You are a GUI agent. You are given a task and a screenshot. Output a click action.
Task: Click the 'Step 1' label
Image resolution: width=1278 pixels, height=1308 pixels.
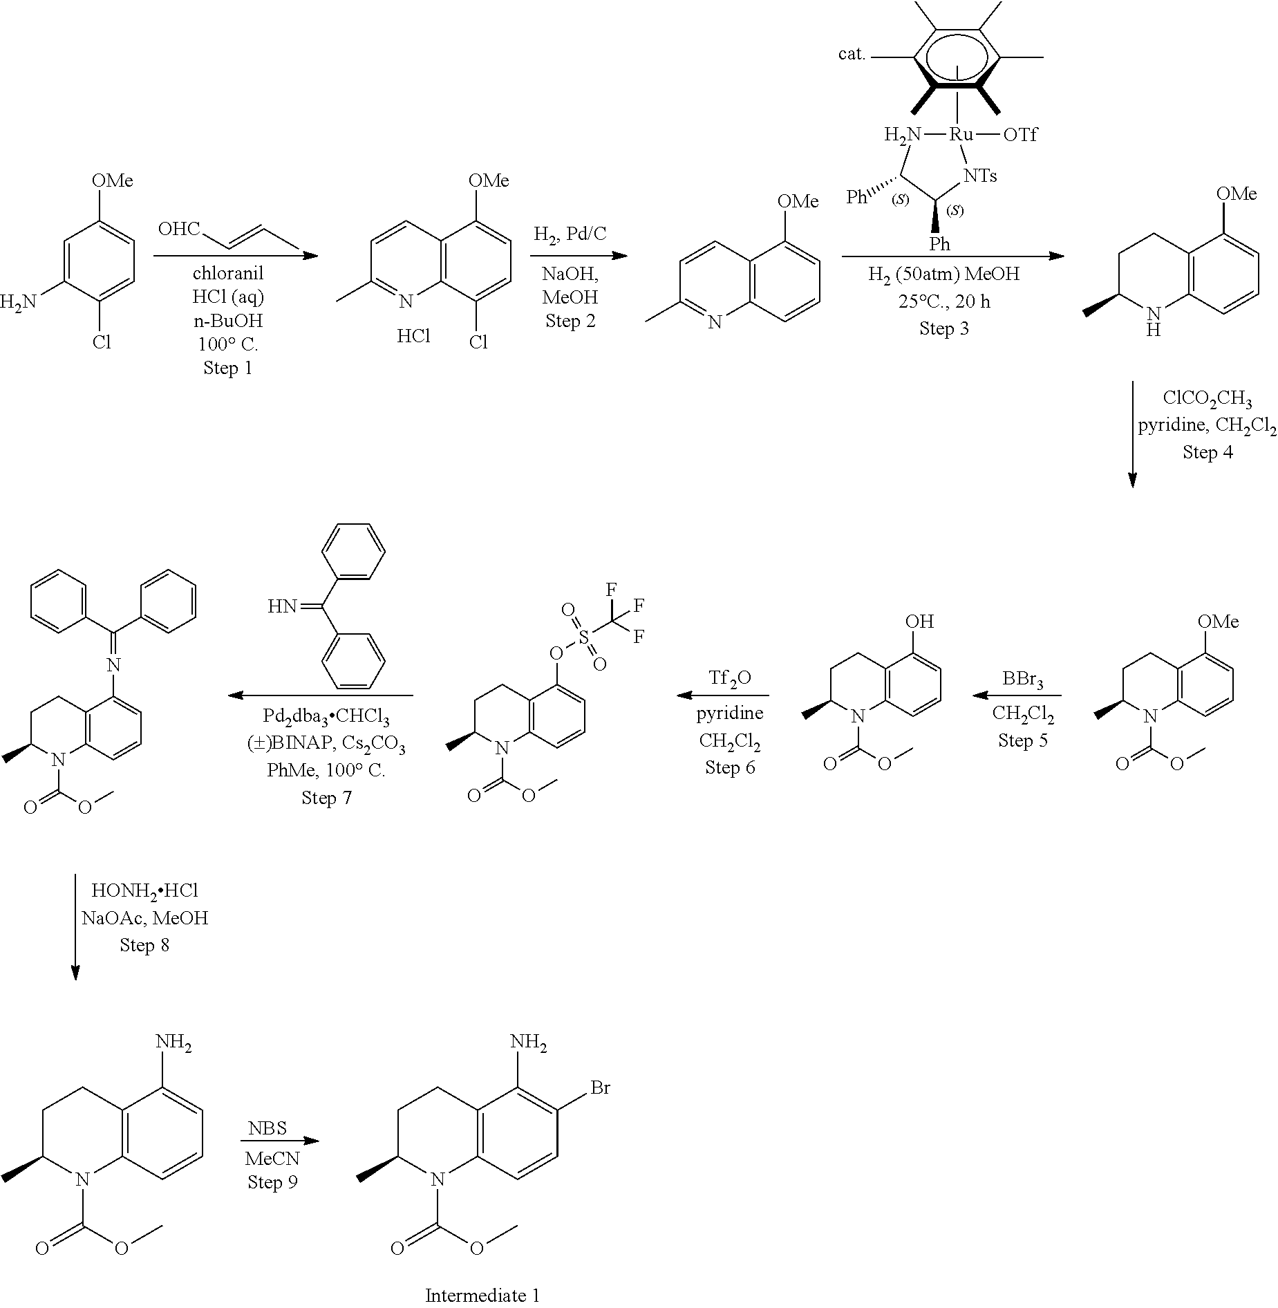(227, 368)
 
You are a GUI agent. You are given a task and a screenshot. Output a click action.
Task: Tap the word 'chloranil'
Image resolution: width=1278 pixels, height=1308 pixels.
(228, 273)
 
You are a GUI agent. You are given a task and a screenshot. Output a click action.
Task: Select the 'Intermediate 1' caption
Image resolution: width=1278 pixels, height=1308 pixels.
(482, 1295)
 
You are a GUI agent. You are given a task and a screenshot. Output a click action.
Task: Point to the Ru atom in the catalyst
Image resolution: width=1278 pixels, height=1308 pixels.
(961, 134)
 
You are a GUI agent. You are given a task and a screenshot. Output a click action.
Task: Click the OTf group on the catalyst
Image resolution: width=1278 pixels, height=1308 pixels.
(1020, 134)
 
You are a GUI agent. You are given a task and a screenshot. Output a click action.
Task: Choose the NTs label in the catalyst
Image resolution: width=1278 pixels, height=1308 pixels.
(980, 176)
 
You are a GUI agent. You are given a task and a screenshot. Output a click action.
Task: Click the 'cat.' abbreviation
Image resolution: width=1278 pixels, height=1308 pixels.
(852, 55)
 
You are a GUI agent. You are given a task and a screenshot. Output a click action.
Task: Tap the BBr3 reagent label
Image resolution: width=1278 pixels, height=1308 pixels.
(1022, 681)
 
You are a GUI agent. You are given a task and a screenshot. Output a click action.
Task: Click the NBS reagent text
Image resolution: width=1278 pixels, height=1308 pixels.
(267, 1128)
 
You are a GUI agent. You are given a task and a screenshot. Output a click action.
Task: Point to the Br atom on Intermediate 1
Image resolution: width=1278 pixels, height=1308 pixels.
(600, 1087)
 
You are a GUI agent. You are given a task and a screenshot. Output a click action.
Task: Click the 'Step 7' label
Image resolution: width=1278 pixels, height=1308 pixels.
(326, 797)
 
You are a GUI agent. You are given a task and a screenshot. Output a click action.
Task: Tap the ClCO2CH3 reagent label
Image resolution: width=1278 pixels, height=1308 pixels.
(1207, 399)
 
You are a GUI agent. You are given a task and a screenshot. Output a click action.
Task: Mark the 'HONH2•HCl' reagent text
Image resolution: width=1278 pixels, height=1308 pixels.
(144, 890)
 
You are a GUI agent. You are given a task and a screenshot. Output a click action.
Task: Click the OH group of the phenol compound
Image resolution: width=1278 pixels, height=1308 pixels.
(919, 622)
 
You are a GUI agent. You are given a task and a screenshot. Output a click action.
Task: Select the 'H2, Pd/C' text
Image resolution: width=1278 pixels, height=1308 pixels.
(570, 234)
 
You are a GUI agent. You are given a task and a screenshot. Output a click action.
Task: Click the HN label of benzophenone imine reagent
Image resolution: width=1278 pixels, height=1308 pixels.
(281, 607)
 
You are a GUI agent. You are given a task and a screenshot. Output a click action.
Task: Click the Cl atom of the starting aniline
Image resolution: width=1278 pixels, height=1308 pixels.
(102, 342)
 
